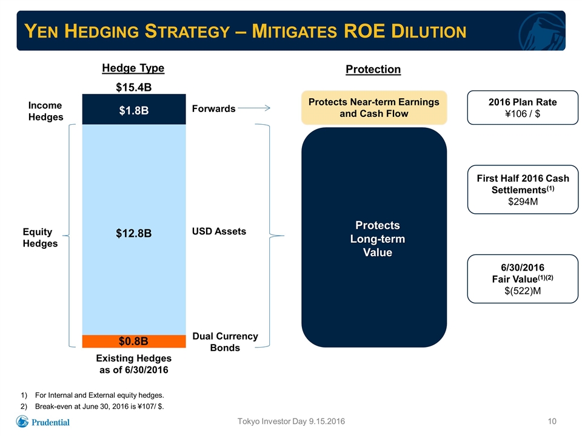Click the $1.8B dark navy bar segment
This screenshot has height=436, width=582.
click(134, 110)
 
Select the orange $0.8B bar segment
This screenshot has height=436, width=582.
click(134, 341)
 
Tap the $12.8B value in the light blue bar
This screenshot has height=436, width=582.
click(133, 233)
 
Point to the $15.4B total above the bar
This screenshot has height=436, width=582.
click(133, 87)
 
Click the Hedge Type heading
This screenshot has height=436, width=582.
click(133, 68)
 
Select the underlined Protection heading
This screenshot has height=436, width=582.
click(373, 69)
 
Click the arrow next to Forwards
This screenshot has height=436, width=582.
click(254, 108)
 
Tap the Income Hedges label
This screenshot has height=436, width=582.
click(45, 111)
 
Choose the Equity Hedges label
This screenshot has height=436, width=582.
click(40, 237)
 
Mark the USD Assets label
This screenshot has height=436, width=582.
click(219, 231)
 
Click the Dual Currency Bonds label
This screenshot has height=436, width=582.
click(225, 342)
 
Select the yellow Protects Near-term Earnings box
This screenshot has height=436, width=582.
click(374, 108)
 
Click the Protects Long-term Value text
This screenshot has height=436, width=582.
click(378, 239)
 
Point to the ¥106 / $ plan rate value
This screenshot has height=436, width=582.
click(523, 114)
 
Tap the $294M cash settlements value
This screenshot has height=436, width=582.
click(523, 202)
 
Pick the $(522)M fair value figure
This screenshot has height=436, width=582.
click(523, 291)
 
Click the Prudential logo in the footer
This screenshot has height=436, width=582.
click(42, 421)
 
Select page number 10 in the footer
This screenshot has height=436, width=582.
click(552, 421)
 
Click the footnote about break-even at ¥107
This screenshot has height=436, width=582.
click(92, 406)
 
